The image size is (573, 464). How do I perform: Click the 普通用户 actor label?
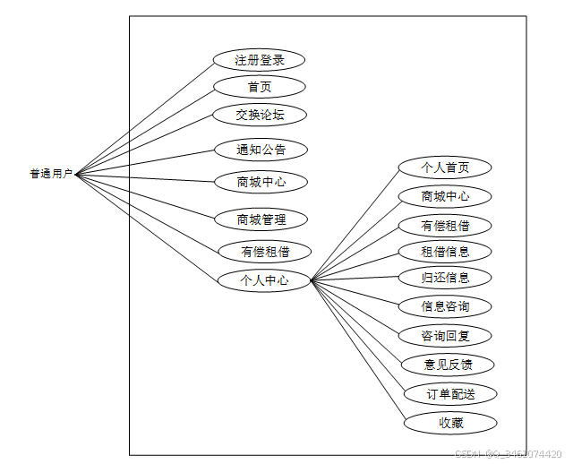51,174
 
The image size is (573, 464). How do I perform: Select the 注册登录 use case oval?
260,60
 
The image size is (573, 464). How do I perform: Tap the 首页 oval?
260,87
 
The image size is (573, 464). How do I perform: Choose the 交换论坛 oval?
260,115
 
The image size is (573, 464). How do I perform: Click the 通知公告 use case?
261,150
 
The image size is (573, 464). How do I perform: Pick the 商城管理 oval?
261,219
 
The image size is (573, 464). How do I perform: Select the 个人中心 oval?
264,280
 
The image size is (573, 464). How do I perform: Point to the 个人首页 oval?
445,168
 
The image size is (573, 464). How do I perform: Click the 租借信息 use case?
445,251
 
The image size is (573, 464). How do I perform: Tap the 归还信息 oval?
445,277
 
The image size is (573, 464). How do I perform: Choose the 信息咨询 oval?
445,306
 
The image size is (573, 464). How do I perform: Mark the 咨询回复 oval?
445,336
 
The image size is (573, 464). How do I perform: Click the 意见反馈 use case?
448,365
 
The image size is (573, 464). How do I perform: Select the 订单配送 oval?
449,393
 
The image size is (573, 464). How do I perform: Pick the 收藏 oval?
449,422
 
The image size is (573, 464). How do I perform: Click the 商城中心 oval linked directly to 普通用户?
261,182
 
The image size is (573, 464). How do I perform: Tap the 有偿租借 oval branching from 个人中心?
445,224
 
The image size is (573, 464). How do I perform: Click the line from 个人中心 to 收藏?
358,352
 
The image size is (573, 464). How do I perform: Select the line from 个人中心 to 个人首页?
355,224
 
